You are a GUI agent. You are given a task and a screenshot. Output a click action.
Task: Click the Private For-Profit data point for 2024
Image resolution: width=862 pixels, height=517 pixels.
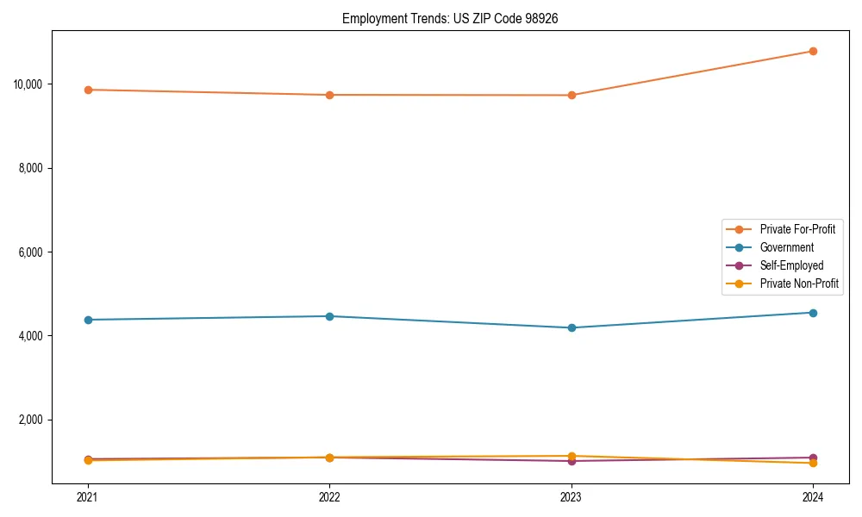click(x=813, y=51)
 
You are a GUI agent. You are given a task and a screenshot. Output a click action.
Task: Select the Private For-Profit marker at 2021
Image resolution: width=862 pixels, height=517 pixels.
click(x=88, y=90)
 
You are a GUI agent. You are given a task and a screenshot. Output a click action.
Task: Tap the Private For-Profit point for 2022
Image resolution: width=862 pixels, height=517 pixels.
click(x=329, y=95)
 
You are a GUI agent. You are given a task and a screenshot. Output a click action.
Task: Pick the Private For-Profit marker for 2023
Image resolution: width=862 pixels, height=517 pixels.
click(x=572, y=95)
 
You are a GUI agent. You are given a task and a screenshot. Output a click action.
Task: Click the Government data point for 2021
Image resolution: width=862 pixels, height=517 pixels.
click(x=88, y=320)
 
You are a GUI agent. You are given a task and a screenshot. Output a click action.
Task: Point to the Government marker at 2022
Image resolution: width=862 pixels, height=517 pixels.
click(x=329, y=316)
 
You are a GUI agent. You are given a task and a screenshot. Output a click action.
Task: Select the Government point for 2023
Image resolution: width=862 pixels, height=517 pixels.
click(x=572, y=327)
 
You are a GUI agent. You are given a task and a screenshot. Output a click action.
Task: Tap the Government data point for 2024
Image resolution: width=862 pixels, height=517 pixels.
click(x=813, y=313)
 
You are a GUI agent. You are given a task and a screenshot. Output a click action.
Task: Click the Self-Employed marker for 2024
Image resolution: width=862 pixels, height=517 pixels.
click(x=813, y=458)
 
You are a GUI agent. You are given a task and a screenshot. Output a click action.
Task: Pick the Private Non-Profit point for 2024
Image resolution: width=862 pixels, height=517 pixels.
click(x=813, y=464)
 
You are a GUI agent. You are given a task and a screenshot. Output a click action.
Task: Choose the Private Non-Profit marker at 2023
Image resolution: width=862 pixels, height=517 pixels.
click(x=572, y=456)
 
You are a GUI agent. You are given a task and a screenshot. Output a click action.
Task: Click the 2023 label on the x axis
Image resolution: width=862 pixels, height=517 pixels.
click(x=572, y=497)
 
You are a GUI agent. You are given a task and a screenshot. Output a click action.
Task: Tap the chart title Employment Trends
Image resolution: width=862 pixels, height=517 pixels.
click(x=450, y=18)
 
